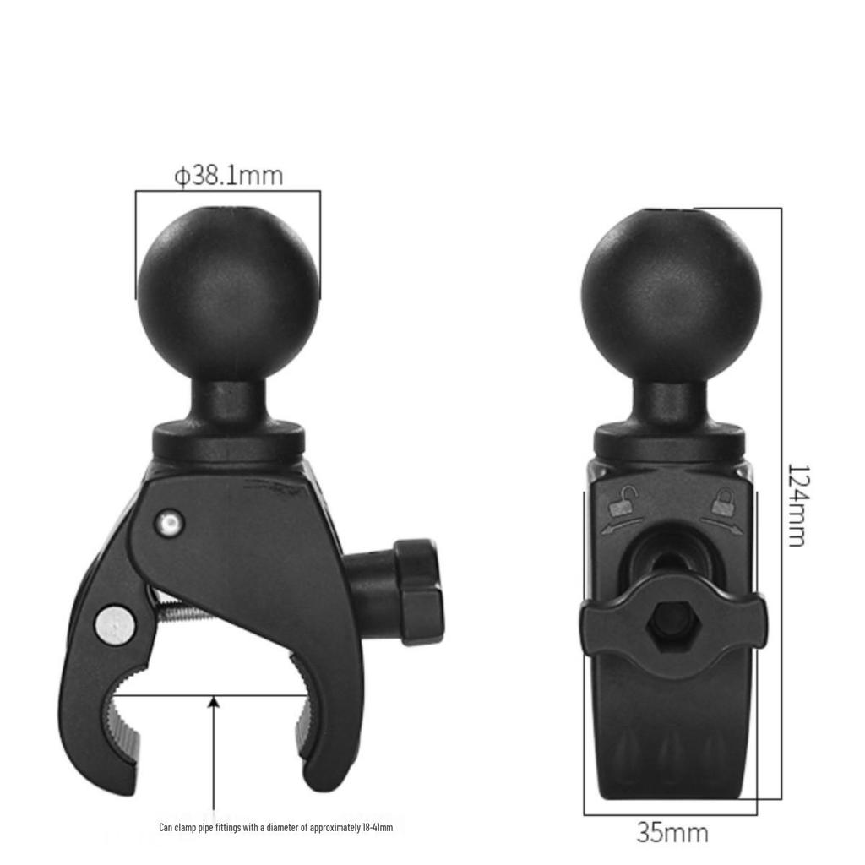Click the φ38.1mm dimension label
coord(228,176)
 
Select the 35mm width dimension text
coord(672,833)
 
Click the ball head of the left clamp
coord(228,287)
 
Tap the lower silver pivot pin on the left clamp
coord(114,624)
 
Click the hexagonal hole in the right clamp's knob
coord(672,627)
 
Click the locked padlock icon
coord(722,503)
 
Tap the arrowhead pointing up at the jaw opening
coord(215,700)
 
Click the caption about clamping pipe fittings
coord(275,828)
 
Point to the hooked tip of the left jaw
coord(118,769)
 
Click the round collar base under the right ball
coord(670,441)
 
